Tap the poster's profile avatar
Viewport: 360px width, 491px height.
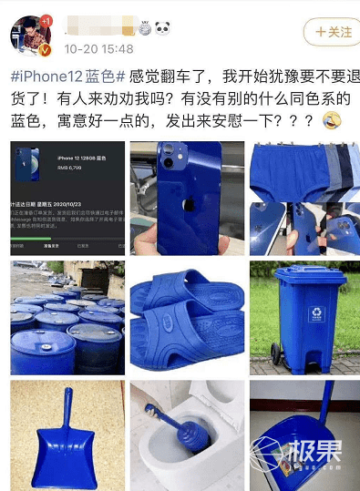tap(27, 36)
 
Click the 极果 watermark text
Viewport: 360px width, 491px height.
tap(314, 461)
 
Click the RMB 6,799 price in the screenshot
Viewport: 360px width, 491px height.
tap(69, 167)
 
